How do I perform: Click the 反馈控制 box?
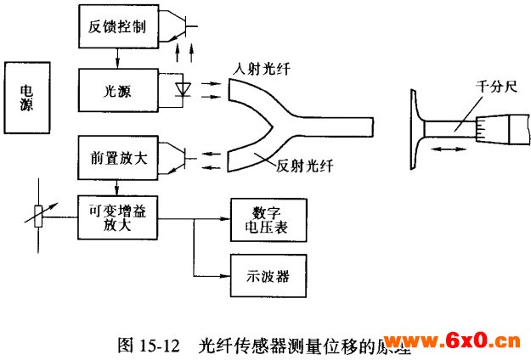(116, 27)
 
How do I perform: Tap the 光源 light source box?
(116, 88)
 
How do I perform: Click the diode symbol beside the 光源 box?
(182, 87)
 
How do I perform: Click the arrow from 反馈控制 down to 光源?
(116, 58)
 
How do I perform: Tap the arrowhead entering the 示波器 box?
(227, 275)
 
